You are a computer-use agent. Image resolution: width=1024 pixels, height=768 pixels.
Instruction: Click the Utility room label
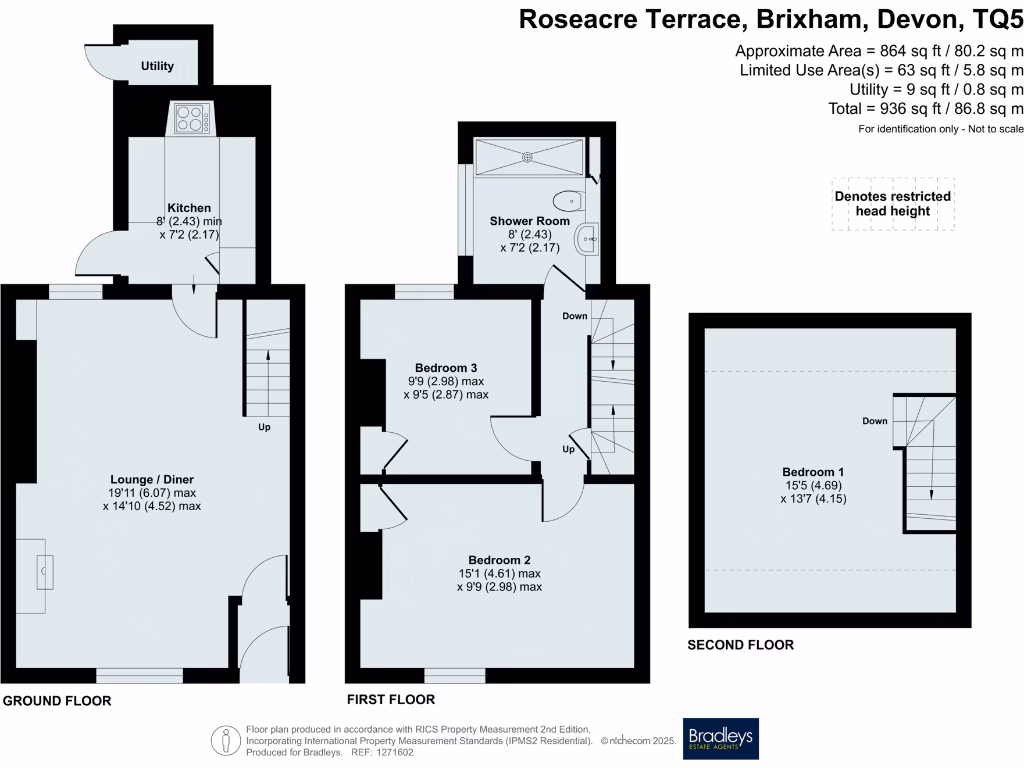157,66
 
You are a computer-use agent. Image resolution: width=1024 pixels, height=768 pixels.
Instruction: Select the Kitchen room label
188,208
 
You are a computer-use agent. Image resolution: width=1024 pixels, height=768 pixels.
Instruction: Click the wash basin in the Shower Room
589,238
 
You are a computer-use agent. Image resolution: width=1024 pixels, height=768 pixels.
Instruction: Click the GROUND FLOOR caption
56,701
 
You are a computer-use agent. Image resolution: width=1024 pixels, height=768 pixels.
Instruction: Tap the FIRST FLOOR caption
390,700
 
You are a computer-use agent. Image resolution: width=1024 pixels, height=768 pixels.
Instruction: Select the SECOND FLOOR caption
740,645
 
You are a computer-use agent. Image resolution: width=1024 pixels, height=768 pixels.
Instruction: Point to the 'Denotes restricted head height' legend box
892,204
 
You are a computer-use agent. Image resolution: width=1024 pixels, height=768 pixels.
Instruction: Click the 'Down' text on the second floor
875,421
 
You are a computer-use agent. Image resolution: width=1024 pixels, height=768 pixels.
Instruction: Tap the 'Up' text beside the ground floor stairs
265,427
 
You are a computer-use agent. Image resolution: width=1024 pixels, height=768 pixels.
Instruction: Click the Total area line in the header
926,109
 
